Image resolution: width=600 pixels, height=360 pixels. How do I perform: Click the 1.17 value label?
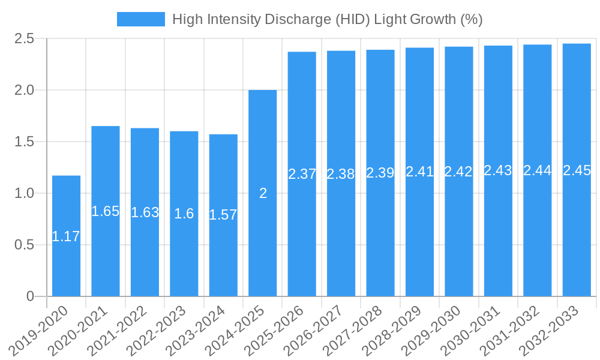pos(66,236)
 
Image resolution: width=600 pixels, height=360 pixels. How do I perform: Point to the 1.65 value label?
pos(106,211)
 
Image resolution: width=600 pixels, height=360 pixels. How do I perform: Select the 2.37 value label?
pos(302,174)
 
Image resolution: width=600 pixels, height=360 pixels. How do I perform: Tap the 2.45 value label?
pos(577,170)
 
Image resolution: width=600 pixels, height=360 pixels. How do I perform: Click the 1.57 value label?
pos(223,215)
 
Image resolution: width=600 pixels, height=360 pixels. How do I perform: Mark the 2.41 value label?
pos(419,172)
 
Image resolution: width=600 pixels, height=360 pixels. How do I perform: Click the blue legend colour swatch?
pos(140,19)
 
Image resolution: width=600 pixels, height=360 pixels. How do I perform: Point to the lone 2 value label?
pos(263,193)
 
